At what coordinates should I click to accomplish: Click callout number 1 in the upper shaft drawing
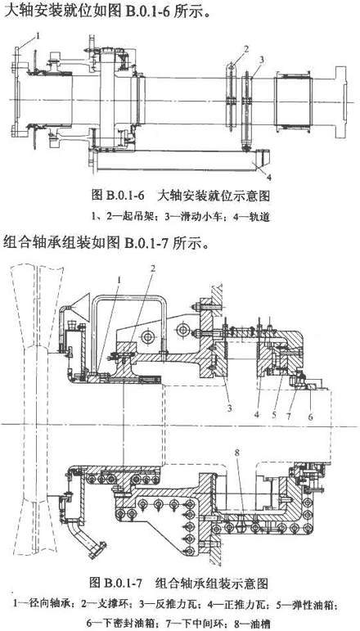click(x=38, y=36)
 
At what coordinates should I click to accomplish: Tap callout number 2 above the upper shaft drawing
click(x=246, y=49)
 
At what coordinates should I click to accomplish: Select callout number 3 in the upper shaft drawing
click(x=262, y=60)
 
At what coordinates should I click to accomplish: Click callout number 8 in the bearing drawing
click(x=236, y=452)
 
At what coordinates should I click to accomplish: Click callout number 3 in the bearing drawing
click(x=229, y=409)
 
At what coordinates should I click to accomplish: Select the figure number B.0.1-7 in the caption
click(x=122, y=582)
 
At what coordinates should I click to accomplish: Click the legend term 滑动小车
click(x=204, y=218)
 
